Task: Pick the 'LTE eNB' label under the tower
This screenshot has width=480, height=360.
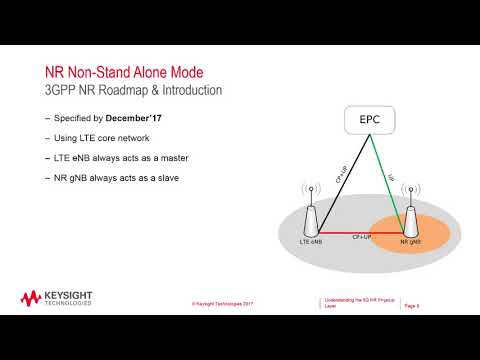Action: tap(309, 244)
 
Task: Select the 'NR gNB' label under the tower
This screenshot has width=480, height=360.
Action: tap(410, 244)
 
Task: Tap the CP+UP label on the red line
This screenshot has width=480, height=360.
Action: tap(362, 237)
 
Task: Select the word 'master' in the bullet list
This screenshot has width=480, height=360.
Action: tap(166, 158)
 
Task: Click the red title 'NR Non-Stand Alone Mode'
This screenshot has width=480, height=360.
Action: tap(127, 72)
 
